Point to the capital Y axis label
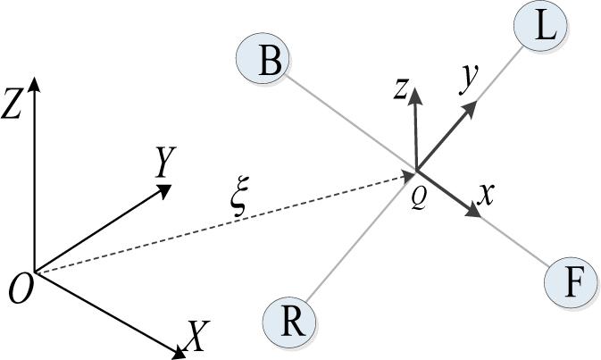pyautogui.click(x=164, y=163)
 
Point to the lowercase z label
pyautogui.click(x=403, y=88)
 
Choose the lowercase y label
pyautogui.click(x=465, y=80)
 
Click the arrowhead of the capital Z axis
pyautogui.click(x=33, y=82)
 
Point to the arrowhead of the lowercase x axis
pyautogui.click(x=472, y=211)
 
